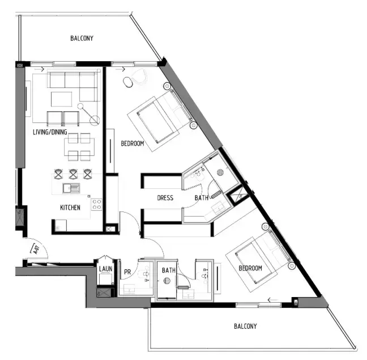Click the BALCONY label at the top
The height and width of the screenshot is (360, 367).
82,39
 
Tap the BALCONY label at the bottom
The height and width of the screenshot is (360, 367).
245,326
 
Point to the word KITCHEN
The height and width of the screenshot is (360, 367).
70,207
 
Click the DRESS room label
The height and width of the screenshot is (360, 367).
165,198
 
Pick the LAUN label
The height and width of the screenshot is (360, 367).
105,269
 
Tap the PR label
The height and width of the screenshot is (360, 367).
127,272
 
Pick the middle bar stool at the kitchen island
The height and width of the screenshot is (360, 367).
72,173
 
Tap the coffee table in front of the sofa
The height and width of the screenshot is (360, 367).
62,99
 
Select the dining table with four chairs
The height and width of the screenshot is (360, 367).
76,146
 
